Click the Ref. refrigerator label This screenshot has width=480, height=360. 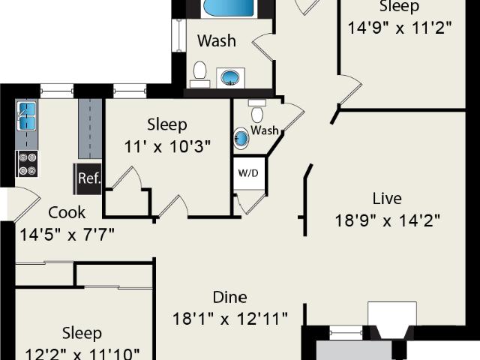pos(89,178)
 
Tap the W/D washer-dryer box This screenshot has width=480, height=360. pos(248,173)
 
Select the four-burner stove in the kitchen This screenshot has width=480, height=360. pos(28,163)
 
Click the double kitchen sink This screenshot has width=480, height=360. pos(27,116)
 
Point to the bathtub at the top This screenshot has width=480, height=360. pos(228,7)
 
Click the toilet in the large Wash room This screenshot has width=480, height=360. pos(200,74)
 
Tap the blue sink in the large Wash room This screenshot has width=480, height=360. pos(230,78)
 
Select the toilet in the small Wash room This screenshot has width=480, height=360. pos(257,111)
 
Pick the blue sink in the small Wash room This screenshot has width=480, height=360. pos(241,139)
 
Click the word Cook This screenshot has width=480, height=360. pos(67,213)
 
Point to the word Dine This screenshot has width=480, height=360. pos(229,297)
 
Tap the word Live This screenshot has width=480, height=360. pos(387,198)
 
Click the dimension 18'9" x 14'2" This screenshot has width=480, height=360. pos(388,220)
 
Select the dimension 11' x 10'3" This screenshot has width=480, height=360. pos(167,147)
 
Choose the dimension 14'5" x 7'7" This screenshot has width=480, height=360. pos(67,235)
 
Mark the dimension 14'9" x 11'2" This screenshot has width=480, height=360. pos(400,28)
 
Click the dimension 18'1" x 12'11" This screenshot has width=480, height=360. pos(230,319)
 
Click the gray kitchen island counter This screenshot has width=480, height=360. pos(90,128)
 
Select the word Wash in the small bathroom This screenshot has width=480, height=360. pos(265,130)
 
